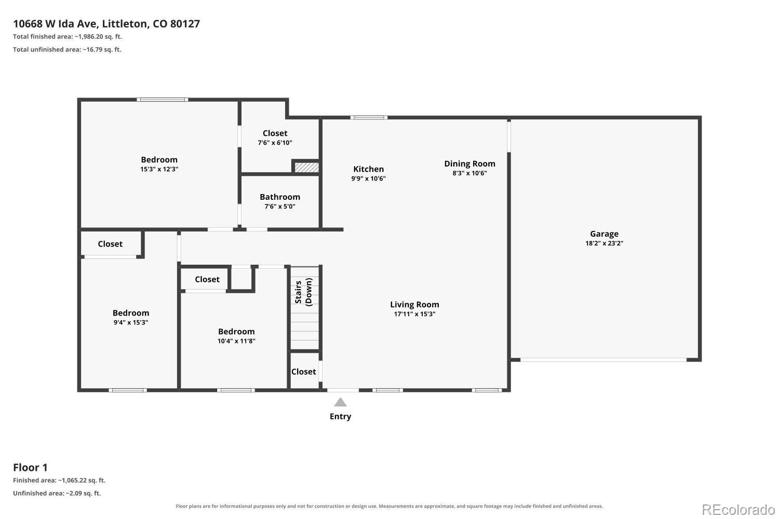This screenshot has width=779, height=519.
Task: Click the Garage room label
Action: click(x=604, y=234)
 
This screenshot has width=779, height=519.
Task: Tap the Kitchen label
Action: click(x=368, y=169)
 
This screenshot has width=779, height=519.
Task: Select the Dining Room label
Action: click(x=469, y=163)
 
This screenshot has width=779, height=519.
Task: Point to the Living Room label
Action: click(x=414, y=305)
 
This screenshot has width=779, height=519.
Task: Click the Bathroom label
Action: click(x=279, y=197)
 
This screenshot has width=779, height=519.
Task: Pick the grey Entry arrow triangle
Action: click(x=340, y=402)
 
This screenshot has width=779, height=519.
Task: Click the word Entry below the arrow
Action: click(x=340, y=416)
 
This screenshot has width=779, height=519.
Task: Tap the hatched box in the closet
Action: click(x=306, y=167)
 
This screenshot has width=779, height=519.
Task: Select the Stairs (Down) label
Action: click(x=303, y=292)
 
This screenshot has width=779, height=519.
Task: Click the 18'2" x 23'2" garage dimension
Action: click(x=604, y=243)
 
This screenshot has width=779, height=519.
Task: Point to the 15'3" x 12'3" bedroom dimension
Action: click(x=159, y=169)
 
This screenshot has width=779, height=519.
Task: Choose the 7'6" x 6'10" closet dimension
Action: click(x=275, y=143)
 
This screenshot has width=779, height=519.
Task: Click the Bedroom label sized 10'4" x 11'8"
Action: click(x=236, y=331)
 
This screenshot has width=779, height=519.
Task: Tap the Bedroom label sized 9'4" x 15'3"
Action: click(x=130, y=313)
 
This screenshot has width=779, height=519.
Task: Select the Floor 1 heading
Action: click(x=30, y=468)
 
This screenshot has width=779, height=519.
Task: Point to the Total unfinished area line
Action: click(x=67, y=50)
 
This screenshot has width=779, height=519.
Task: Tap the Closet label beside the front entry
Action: click(x=303, y=372)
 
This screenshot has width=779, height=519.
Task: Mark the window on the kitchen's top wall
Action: click(x=369, y=117)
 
